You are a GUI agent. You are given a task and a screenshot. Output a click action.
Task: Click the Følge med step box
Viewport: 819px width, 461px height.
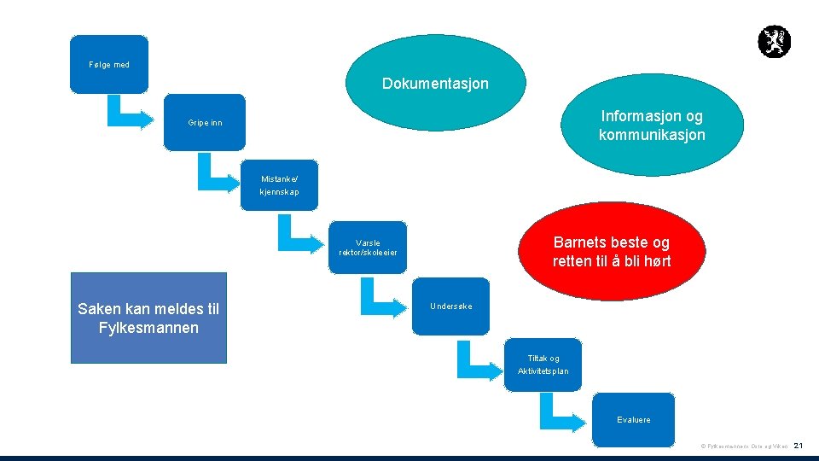pos(109,64)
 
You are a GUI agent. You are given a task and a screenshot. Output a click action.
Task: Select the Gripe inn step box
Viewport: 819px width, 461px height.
pos(205,123)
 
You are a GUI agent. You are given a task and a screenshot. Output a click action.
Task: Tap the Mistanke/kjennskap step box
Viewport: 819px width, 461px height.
pos(280,185)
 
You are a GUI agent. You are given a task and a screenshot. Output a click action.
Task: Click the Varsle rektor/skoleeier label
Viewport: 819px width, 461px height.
pos(368,248)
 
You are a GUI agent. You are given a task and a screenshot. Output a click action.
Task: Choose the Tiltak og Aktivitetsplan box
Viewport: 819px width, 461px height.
pos(543,365)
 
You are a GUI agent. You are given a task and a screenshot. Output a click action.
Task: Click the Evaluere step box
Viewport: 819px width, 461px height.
pos(634,419)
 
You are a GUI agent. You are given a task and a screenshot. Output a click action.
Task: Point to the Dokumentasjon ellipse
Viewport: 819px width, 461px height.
pos(435,84)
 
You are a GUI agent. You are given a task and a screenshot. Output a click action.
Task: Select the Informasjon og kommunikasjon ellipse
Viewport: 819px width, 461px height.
pos(652,125)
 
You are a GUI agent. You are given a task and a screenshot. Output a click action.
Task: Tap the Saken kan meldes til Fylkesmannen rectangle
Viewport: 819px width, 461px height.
pos(148,318)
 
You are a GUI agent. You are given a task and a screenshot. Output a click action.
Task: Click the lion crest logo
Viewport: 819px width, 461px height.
pos(774,42)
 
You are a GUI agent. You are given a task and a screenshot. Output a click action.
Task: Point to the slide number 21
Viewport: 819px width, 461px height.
pos(799,446)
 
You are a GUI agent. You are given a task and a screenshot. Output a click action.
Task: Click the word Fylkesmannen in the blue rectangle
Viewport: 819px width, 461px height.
pos(148,328)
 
